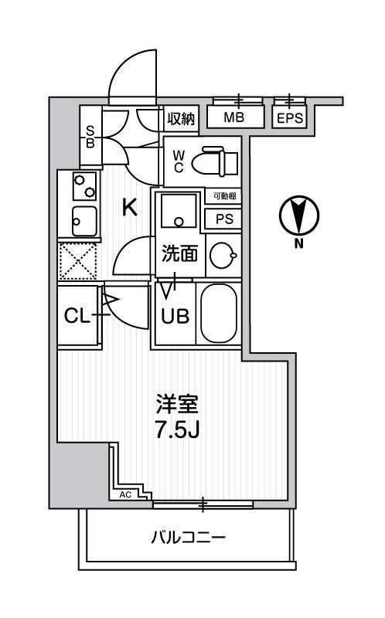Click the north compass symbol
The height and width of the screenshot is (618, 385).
[x=298, y=216]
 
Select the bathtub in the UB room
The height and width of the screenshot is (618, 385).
[x=220, y=313]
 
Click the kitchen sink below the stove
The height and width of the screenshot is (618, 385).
[x=83, y=222]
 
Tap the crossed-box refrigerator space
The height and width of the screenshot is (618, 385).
[x=77, y=260]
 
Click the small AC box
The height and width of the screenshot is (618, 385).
[x=126, y=494]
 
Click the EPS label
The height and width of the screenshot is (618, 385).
[x=290, y=118]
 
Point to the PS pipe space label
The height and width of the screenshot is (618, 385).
[x=224, y=219]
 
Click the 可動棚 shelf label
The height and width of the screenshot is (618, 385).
[x=223, y=198]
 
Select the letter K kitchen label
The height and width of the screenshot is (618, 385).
[x=129, y=207]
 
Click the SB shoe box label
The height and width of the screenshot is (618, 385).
[x=90, y=136]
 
